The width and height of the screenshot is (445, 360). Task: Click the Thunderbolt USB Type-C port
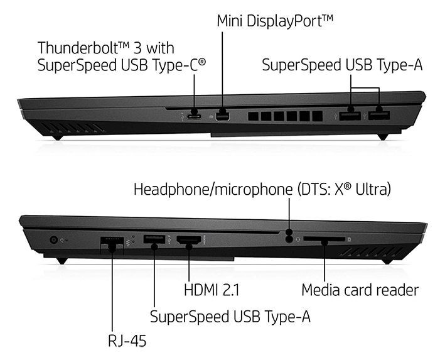pos(195,117)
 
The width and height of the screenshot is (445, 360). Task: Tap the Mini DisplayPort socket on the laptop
pos(222,117)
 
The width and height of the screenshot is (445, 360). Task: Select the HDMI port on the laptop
pos(189,241)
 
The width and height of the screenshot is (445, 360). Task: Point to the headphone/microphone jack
pos(289,239)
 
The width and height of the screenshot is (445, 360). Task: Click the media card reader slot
pos(324,239)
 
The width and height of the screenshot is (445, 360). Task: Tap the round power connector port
pos(53,240)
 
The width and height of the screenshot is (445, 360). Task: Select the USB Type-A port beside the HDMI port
pos(154,239)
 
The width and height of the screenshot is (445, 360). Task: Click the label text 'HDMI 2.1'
pos(212,290)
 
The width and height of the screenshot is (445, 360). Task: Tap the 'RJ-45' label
pos(127,341)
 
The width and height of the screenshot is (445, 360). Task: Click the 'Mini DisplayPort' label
pos(275,21)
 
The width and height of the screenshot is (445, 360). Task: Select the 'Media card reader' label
pos(360,290)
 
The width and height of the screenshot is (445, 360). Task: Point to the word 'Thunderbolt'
pos(78,48)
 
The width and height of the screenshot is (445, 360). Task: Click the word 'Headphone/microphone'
pos(213,189)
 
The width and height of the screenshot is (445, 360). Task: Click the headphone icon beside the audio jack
pos(298,239)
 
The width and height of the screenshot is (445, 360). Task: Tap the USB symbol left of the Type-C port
pos(182,117)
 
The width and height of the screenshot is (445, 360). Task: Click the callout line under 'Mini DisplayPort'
pos(222,71)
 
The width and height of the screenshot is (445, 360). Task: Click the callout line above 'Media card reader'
pos(324,262)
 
